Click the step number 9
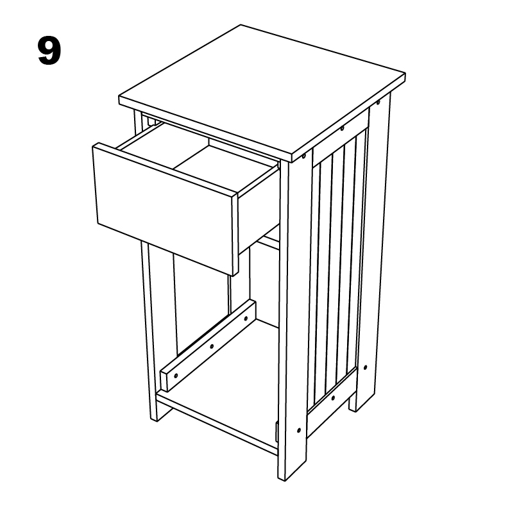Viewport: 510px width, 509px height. tap(49, 52)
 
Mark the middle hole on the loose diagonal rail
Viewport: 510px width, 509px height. tap(211, 346)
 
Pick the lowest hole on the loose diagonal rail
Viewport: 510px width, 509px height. tap(175, 374)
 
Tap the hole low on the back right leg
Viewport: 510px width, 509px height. tap(365, 369)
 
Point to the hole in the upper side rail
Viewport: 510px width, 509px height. tap(342, 129)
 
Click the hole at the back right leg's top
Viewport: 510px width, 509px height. tap(378, 102)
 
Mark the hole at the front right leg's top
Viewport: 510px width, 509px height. tap(303, 156)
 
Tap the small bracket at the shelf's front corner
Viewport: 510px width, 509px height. tap(276, 432)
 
